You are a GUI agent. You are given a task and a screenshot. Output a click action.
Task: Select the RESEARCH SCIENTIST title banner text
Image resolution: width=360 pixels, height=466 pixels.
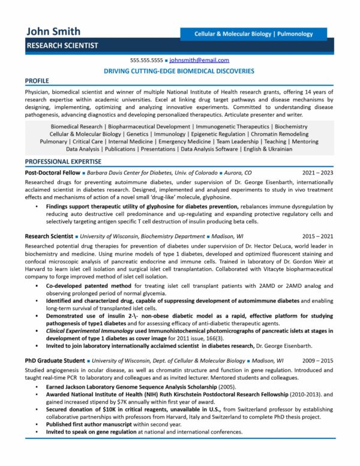(x=62, y=46)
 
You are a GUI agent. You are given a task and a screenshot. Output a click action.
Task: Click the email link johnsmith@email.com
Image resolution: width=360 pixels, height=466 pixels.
(x=199, y=61)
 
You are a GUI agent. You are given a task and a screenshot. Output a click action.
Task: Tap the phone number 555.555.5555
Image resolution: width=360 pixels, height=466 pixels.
(x=146, y=61)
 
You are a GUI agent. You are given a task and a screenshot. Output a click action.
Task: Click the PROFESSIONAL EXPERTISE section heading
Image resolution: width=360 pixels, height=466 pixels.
(x=64, y=162)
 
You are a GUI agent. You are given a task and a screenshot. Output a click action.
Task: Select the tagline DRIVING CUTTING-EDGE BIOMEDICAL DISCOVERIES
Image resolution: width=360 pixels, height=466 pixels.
(x=179, y=71)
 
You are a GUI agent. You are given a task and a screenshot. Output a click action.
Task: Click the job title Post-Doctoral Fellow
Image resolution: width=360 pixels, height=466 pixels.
(x=50, y=172)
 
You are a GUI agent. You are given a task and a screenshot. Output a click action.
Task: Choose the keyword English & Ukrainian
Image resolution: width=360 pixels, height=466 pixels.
(x=268, y=149)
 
